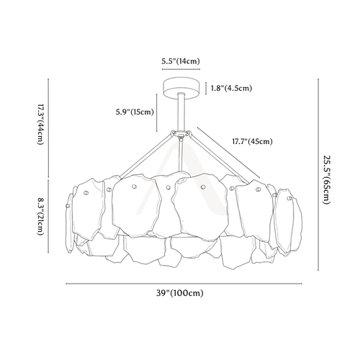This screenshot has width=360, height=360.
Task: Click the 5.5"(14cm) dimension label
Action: pyautogui.click(x=181, y=61)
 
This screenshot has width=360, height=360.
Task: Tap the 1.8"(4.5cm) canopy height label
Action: pyautogui.click(x=232, y=88)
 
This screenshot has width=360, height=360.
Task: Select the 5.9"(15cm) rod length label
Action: pyautogui.click(x=135, y=112)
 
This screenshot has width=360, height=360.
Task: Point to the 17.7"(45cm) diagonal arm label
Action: pyautogui.click(x=252, y=141)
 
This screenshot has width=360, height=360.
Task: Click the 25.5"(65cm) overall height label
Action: pyautogui.click(x=327, y=180)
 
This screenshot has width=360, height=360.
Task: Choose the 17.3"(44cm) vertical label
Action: pyautogui.click(x=40, y=125)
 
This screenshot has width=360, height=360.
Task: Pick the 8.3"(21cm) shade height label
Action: pyautogui.click(x=40, y=216)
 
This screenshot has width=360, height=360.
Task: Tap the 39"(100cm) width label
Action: pyautogui.click(x=180, y=293)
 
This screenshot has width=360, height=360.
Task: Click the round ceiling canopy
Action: pyautogui.click(x=181, y=88)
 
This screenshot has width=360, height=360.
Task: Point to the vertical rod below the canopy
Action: pyautogui.click(x=181, y=112)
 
